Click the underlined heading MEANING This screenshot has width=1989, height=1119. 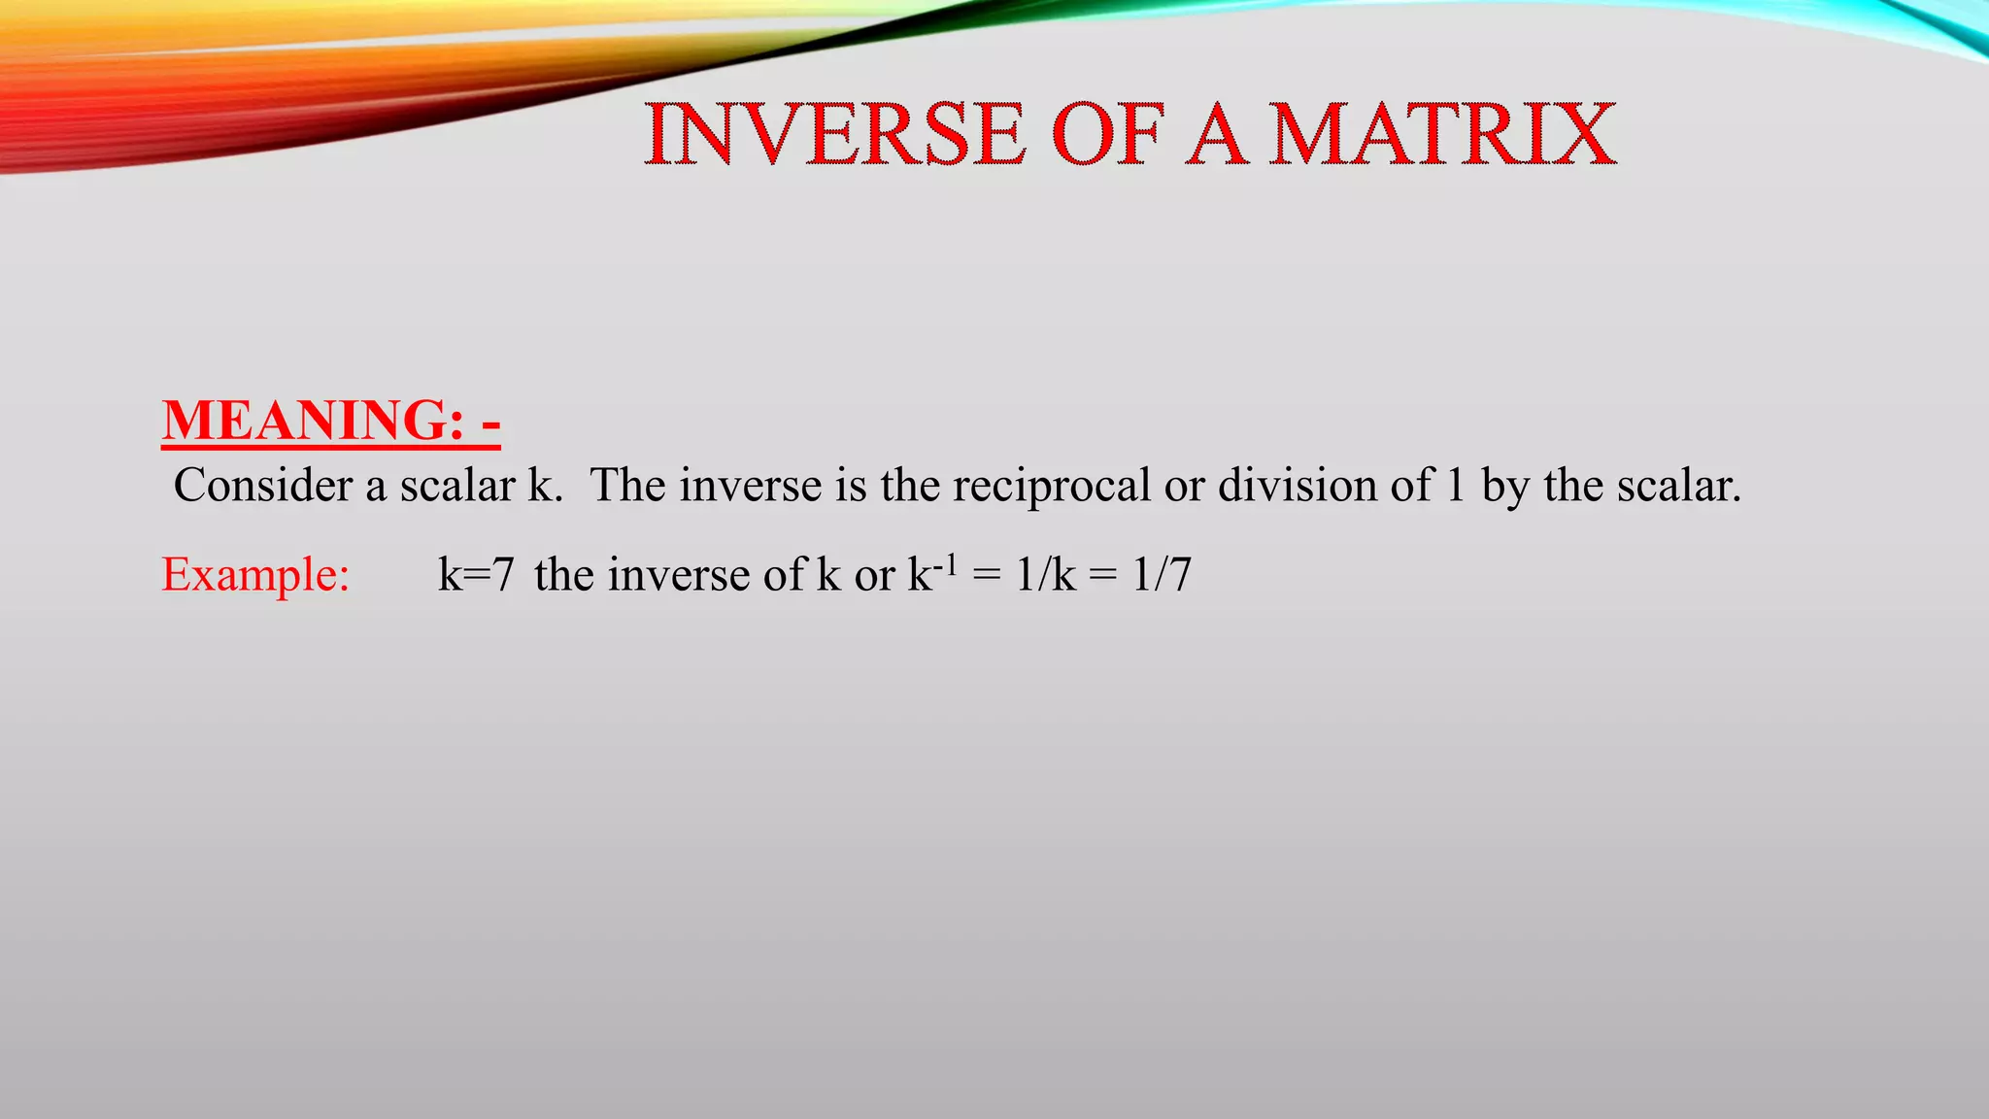pos(311,421)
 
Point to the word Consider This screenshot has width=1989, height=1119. pos(262,485)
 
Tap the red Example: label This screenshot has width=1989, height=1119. pos(255,574)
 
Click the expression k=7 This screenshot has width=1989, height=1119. pos(476,574)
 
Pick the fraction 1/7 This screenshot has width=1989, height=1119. pos(1162,574)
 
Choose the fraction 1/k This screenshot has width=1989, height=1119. pos(1045,574)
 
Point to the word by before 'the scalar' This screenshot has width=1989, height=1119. pos(1505,487)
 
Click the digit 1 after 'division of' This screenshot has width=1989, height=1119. pos(1455,485)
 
